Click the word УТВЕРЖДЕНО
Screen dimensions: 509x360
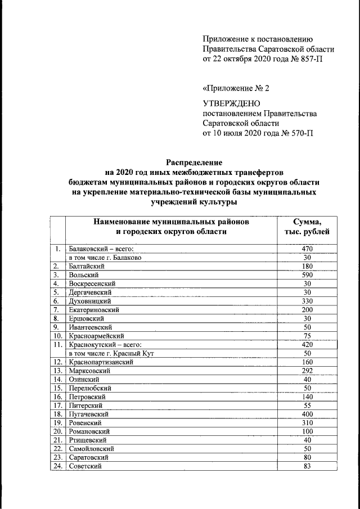231,103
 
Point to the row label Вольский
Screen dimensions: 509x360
84,275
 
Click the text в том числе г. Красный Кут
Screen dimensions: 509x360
111,353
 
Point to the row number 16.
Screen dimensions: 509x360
57,397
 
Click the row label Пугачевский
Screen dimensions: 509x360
89,414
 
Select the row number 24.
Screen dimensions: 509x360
57,466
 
